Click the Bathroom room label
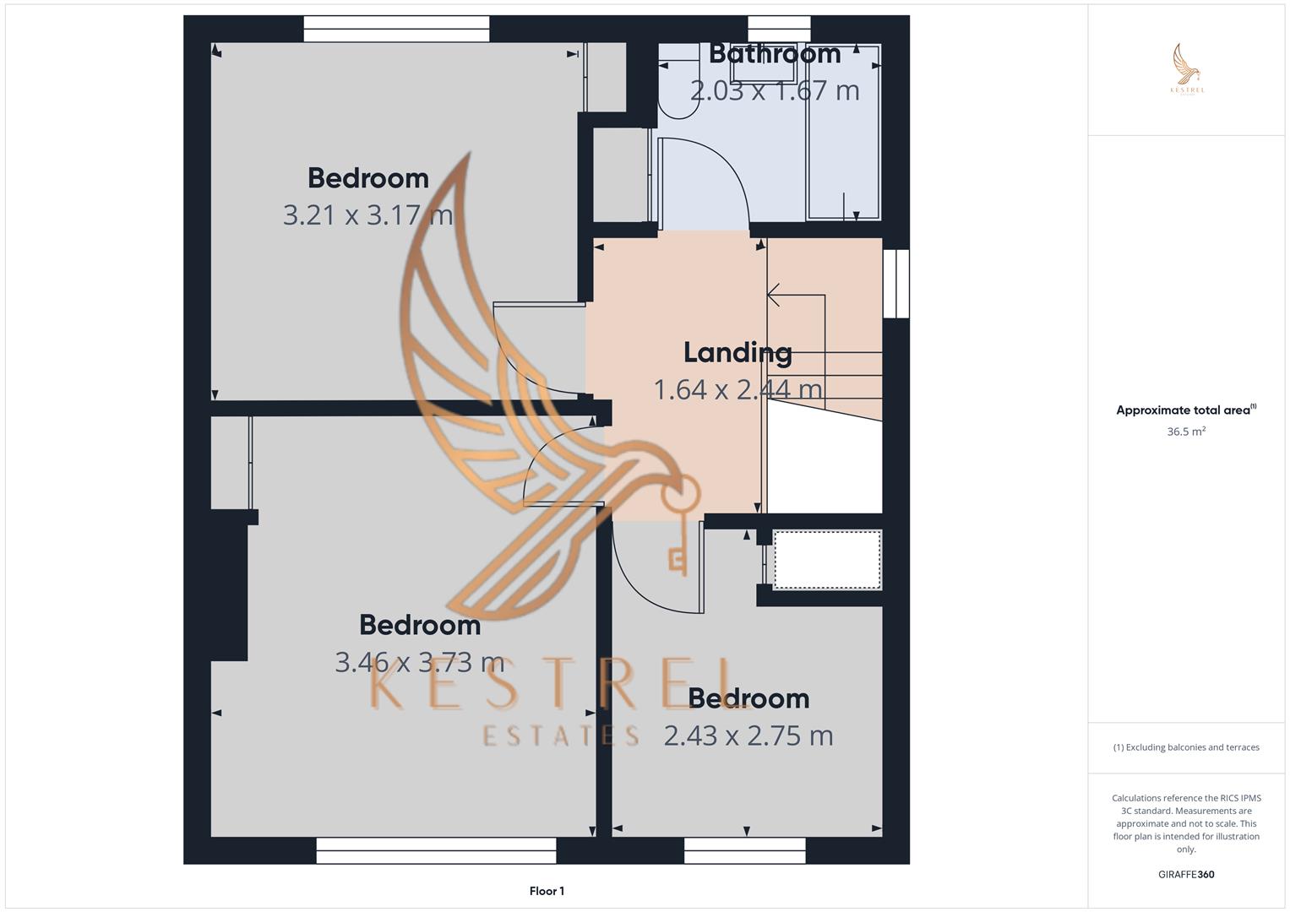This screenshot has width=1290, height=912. coord(775,54)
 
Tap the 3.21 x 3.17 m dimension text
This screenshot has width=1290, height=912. coord(367,215)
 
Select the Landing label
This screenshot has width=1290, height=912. coord(738,352)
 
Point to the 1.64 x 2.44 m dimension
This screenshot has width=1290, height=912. coord(738,389)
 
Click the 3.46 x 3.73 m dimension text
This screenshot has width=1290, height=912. coord(420,662)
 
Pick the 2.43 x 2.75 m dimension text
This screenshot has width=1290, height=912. coord(748,736)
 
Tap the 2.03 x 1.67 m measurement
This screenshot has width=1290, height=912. coord(775,90)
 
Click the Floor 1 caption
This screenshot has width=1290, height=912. coord(547,891)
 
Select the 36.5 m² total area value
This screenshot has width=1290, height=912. coord(1186,432)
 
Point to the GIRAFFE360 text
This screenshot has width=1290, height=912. coord(1186,875)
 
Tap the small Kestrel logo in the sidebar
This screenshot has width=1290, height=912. coord(1187,69)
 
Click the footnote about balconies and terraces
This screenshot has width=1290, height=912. coord(1186,747)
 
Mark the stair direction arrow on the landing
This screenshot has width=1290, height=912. coord(773,295)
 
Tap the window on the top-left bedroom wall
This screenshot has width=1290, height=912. coord(396,30)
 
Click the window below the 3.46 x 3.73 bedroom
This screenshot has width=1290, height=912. coord(436,851)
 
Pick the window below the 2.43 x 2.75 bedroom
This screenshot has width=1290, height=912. coord(744,851)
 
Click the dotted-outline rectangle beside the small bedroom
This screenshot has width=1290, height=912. coord(827,559)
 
